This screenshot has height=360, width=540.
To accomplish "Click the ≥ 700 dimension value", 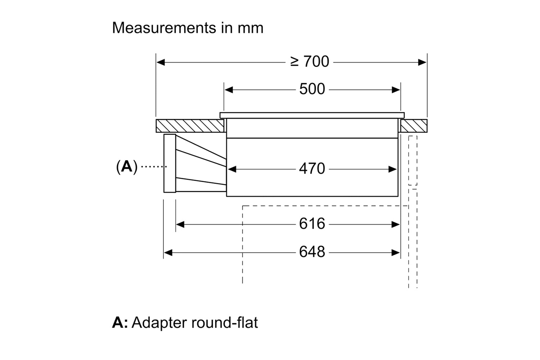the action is [310, 62].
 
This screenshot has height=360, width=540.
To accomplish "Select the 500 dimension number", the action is [312, 89].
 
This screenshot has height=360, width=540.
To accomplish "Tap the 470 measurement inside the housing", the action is [312, 168].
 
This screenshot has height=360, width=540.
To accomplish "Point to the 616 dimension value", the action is [312, 224].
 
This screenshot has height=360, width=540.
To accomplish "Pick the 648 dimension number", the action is [312, 252].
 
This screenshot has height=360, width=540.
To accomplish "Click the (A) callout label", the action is [127, 167].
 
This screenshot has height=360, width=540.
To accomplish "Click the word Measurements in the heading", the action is [164, 28].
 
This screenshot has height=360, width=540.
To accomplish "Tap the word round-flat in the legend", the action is [225, 323].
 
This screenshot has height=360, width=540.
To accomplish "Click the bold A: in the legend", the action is [120, 323].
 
